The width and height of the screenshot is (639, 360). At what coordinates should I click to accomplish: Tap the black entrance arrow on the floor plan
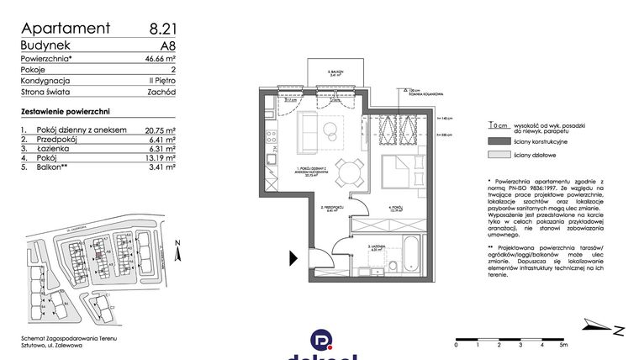[293, 257]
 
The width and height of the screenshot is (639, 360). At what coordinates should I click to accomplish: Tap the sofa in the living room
[309, 131]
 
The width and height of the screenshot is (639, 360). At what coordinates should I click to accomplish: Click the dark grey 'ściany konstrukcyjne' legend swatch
[498, 142]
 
